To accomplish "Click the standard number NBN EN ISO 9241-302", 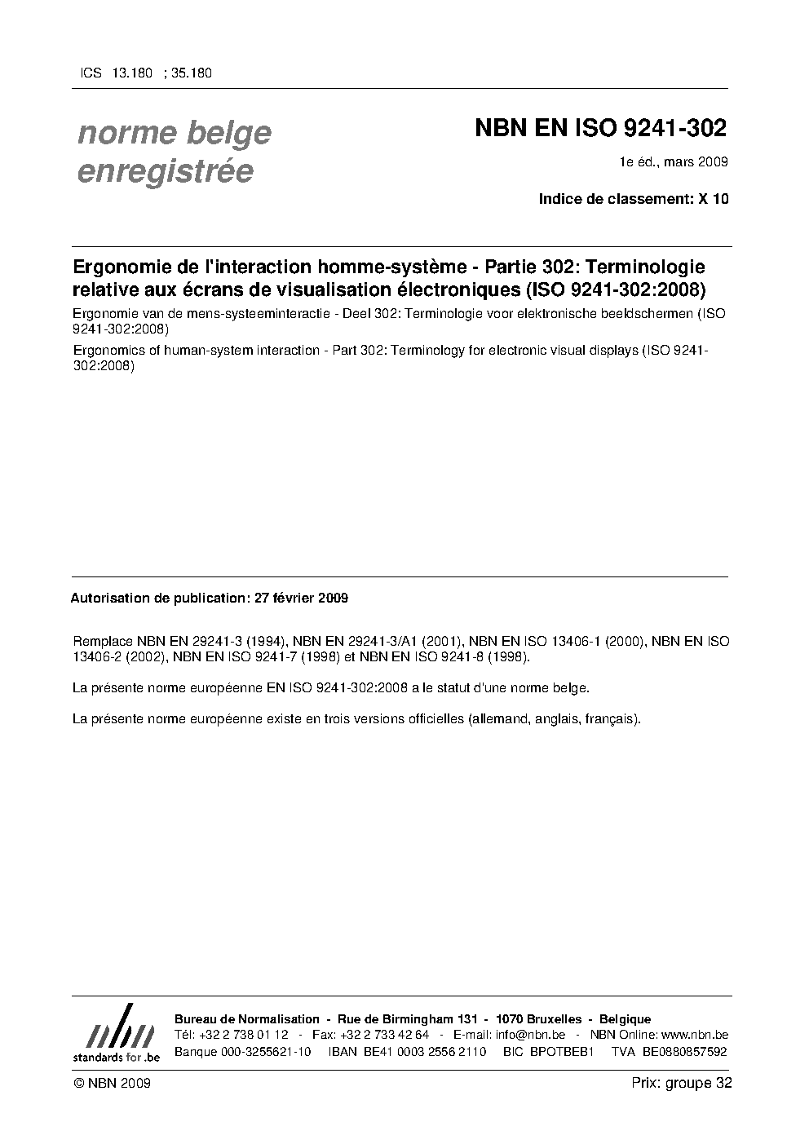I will click(600, 130).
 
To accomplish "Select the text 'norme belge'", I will click(174, 133).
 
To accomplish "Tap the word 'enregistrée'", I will click(166, 172).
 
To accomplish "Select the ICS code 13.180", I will click(133, 73).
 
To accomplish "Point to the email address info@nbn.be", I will click(530, 1035).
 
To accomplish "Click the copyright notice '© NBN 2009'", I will click(111, 1083).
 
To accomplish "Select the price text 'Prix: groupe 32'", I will click(681, 1083).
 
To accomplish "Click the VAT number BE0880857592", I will click(684, 1052).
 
